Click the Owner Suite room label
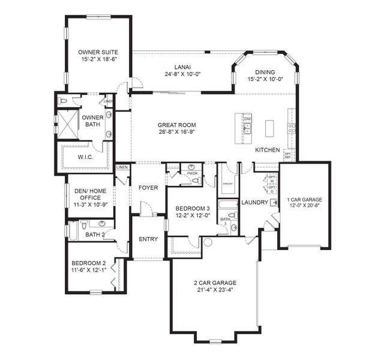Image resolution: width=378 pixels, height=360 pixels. click(97, 52)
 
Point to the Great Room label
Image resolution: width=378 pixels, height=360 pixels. click(177, 125)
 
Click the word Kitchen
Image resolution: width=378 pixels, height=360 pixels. click(267, 150)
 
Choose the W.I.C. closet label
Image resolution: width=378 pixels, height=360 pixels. click(85, 158)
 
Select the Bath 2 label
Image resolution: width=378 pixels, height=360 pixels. click(96, 234)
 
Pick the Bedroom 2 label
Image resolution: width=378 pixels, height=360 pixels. click(89, 263)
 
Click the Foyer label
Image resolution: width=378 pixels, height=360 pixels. click(148, 188)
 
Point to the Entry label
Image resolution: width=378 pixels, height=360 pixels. click(148, 239)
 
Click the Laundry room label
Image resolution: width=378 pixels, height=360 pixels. click(254, 202)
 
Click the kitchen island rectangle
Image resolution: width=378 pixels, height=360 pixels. click(269, 127)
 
